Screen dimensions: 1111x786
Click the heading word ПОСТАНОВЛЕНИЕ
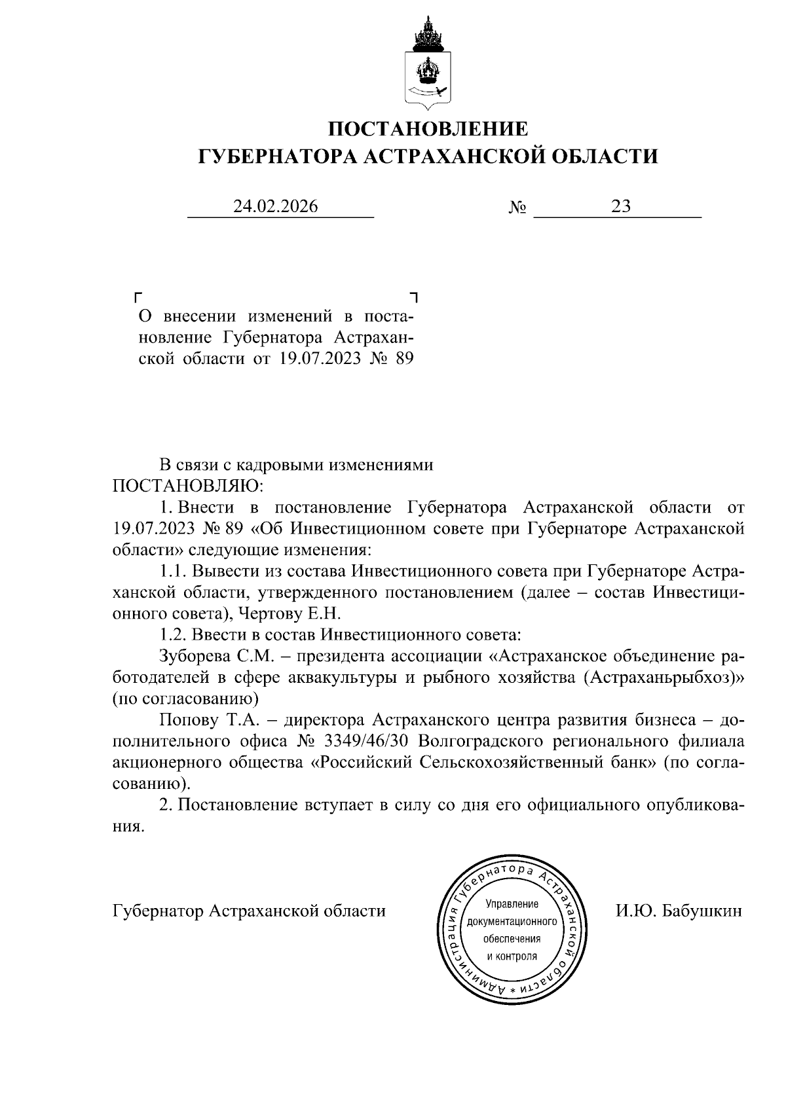tap(428, 128)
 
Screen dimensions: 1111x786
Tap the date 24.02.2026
tap(276, 207)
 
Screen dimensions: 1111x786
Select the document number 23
tap(620, 207)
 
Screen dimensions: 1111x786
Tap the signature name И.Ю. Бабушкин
tap(679, 911)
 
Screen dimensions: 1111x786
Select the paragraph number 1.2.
tap(172, 635)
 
